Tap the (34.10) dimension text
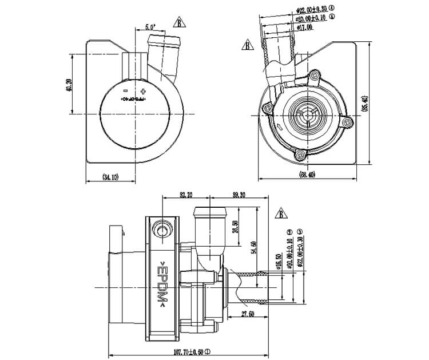tap(110, 178)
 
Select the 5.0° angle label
tap(150, 27)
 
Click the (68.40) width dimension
tap(307, 175)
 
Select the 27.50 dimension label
tap(247, 314)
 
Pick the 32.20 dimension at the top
tap(185, 195)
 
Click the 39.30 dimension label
tap(239, 195)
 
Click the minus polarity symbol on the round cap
tap(125, 91)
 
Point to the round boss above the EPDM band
tap(162, 230)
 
